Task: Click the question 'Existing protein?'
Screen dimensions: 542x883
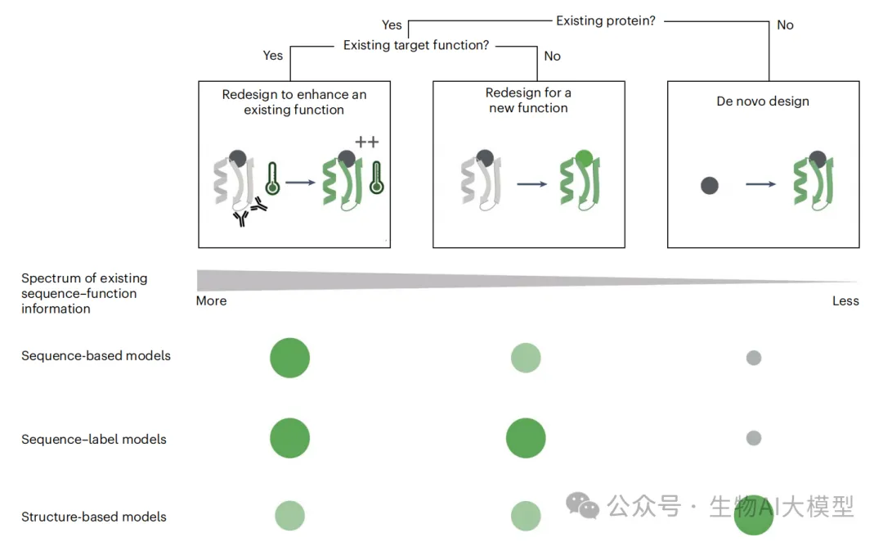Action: coord(606,20)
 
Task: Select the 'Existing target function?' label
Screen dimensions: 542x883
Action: coord(415,45)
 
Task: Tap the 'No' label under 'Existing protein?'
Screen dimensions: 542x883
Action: coord(785,25)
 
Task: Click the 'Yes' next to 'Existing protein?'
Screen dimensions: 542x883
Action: coord(392,25)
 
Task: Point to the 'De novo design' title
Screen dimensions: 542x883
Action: coord(763,102)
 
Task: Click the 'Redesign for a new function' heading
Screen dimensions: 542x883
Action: coord(528,101)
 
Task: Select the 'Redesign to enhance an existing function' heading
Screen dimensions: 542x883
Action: coord(294,102)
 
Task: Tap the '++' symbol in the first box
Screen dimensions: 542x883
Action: coord(367,142)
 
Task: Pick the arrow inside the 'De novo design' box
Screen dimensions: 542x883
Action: coord(760,185)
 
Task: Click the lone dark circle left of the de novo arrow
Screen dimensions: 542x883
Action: coord(709,186)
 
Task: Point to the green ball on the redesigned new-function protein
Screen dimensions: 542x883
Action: coord(584,158)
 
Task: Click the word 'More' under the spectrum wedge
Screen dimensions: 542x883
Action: coord(211,300)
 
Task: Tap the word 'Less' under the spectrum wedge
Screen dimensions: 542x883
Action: coord(845,300)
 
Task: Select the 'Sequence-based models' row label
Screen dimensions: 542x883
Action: coord(96,356)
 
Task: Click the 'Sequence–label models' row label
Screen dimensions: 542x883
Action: coord(93,440)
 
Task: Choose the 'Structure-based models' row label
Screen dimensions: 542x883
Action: coord(93,517)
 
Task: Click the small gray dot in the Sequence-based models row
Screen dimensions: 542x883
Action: coord(754,358)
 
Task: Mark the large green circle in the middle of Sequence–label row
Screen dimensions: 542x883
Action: coord(526,437)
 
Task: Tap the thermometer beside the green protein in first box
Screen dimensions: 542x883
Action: coord(377,177)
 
